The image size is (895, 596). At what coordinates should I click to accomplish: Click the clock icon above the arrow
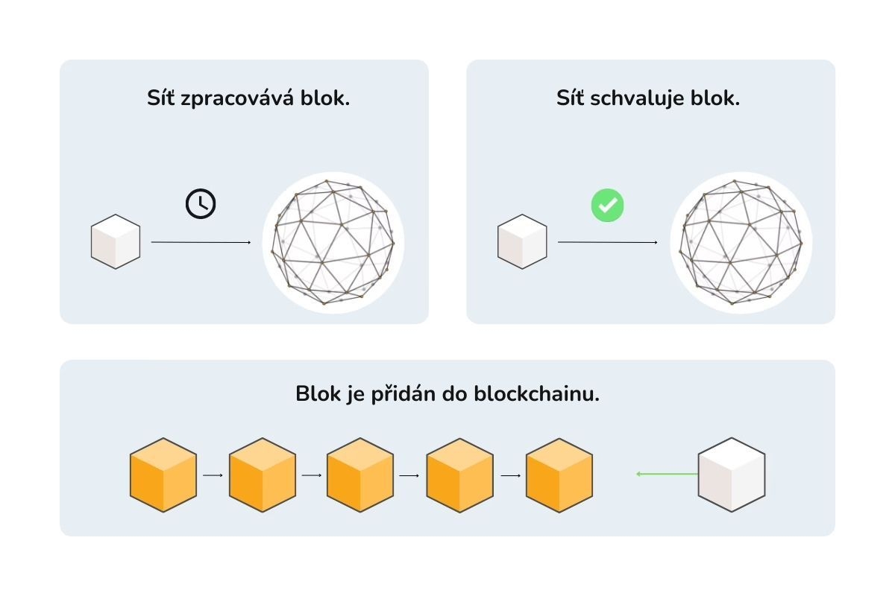point(201,203)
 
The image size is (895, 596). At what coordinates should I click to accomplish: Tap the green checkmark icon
point(607,205)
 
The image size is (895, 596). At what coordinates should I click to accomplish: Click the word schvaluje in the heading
point(632,98)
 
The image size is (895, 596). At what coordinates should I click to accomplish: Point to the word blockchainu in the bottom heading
point(536,393)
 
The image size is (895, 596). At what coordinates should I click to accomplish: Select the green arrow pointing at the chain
point(667,474)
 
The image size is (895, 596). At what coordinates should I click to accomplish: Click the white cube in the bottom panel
point(732,475)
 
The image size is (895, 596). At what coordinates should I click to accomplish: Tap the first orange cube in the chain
point(163,475)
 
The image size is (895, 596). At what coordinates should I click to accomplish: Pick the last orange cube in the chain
point(559,475)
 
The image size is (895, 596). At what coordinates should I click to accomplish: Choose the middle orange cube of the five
point(360,475)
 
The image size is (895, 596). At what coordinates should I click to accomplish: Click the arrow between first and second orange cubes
point(213,475)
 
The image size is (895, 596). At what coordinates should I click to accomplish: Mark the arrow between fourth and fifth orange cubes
point(510,475)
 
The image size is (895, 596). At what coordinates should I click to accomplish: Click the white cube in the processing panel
point(116,241)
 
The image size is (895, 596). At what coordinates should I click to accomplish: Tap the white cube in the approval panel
point(522,241)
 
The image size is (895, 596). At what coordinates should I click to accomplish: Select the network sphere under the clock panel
point(333,242)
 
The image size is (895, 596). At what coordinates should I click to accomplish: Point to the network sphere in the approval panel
point(741,242)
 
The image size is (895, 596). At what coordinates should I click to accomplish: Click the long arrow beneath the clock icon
point(201,242)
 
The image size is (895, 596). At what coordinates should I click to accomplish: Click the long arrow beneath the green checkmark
point(607,242)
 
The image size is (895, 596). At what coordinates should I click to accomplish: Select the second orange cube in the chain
point(263,475)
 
